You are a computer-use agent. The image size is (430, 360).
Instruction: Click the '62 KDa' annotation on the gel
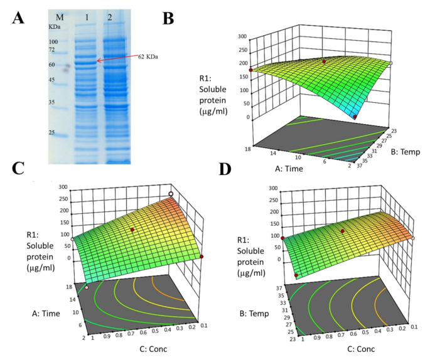pos(148,56)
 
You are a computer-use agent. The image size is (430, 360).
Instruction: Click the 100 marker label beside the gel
pos(54,41)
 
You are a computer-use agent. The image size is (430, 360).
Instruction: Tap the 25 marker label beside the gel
pos(53,132)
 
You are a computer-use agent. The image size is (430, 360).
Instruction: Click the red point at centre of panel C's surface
pos(132,230)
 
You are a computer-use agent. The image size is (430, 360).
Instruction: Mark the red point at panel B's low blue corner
pos(355,117)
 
